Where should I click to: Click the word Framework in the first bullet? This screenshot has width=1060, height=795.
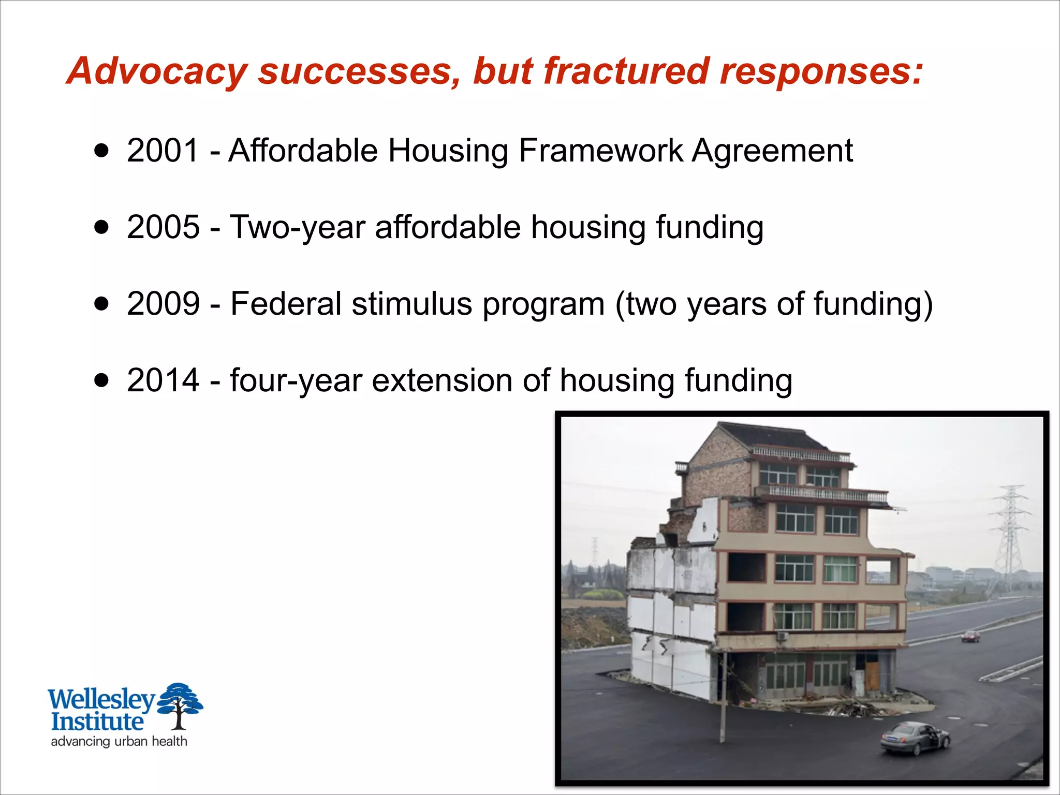600,151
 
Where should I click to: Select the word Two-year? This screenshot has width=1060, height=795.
298,228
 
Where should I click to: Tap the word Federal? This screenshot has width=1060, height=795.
286,304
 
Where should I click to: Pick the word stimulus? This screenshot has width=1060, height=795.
412,304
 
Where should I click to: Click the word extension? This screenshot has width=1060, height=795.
442,380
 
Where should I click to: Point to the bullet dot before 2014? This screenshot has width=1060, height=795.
102,381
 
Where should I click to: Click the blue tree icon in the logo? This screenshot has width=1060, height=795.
179,704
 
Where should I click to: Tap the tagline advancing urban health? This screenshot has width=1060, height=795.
119,741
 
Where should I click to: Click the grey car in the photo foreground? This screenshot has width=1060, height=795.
915,738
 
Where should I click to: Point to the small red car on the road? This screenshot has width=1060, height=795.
970,636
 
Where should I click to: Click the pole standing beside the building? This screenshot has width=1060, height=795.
723,699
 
